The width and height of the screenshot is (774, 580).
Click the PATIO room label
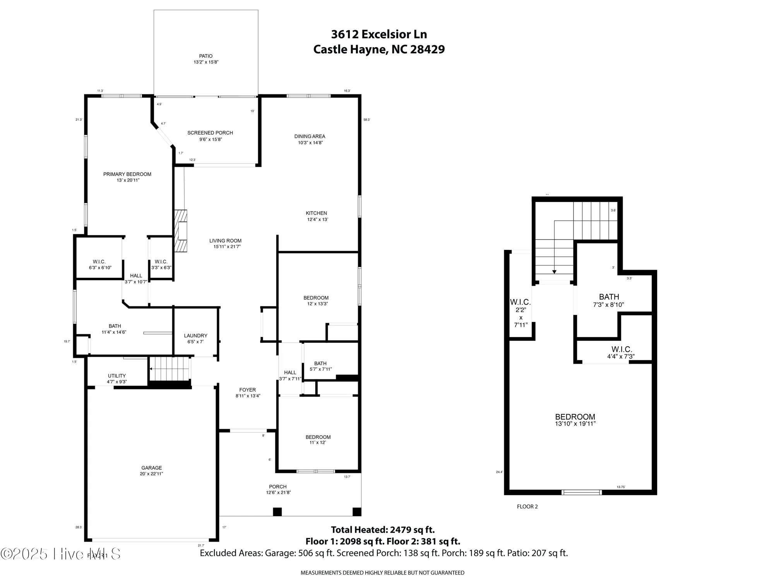coord(206,56)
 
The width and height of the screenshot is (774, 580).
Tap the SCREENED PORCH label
coord(210,133)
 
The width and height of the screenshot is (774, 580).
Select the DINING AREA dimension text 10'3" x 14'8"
coord(310,143)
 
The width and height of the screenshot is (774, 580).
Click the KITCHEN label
coord(317,213)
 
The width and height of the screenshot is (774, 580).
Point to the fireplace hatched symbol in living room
coord(181,231)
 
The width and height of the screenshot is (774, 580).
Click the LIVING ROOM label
coord(225,241)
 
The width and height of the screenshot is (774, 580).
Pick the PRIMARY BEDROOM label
coord(127,174)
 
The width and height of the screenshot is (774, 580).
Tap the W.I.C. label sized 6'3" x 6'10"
coord(99,262)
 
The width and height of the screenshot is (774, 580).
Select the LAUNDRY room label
coord(195,335)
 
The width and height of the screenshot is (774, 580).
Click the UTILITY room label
coord(116,376)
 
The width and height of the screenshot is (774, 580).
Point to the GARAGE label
coord(151,468)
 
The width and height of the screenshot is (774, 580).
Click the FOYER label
coord(247,390)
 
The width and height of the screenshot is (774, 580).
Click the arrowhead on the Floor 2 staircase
coord(554,272)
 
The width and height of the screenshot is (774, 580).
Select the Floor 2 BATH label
coord(609,297)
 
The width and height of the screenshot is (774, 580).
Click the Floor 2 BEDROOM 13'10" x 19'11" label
coord(575,417)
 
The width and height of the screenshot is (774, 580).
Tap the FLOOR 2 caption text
coord(527,506)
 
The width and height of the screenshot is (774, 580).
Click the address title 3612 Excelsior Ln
coord(379,34)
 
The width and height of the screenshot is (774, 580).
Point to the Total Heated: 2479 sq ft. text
coord(383,530)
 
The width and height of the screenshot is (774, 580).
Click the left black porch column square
coord(277,512)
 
